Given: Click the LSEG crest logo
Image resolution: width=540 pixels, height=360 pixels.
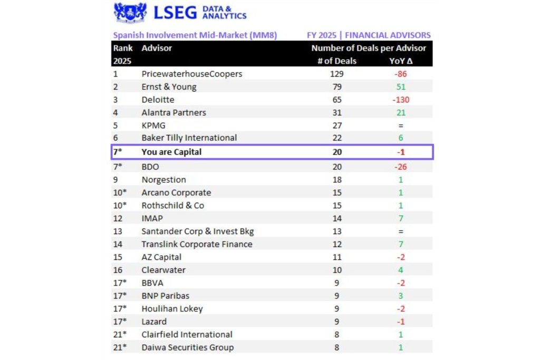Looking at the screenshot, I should tap(130, 13).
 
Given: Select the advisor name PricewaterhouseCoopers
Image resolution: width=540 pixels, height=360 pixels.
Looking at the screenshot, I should tap(191, 74).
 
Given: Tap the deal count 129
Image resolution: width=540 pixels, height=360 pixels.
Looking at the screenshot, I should tap(337, 74).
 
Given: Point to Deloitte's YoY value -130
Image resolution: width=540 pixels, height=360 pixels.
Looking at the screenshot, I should tap(401, 100).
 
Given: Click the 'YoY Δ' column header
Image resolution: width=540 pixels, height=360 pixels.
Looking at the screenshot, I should tap(401, 61).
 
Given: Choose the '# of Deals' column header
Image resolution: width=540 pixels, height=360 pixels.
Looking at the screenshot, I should tap(337, 61).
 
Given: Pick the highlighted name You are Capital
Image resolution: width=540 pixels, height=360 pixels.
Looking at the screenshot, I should tap(171, 152).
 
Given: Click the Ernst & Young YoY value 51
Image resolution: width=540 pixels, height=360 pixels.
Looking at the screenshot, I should tap(401, 87).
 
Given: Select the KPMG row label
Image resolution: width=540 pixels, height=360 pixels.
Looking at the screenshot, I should tap(153, 125).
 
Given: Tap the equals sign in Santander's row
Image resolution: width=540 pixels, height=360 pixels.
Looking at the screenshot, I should tap(401, 231).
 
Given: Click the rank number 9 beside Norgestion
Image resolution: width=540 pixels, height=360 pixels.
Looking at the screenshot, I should tap(115, 180).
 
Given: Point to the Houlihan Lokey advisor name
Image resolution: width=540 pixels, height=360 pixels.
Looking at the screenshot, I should tap(172, 309).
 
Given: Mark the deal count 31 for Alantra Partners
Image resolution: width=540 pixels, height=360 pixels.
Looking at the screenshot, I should tap(337, 113).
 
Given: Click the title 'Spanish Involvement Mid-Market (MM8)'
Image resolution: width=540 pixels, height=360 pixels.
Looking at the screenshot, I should tap(195, 35).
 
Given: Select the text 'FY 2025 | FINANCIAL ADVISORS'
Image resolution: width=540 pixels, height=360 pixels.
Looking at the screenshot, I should tap(369, 35).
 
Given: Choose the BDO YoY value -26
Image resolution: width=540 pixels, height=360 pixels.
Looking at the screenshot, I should tap(401, 167).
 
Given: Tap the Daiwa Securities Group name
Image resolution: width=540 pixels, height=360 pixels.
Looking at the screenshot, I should tap(187, 347).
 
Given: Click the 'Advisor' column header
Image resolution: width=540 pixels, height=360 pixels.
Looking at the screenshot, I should tap(157, 48).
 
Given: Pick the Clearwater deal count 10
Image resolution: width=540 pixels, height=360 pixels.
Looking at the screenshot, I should tap(337, 270).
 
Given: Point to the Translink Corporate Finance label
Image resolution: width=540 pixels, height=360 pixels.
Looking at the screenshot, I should tap(197, 244).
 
